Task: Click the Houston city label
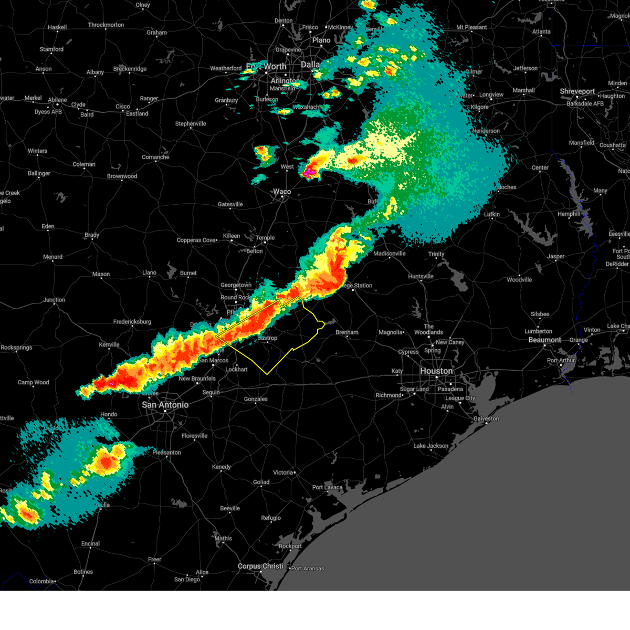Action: coord(436,371)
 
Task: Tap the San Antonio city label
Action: coord(165,405)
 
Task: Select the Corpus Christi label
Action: coord(260,566)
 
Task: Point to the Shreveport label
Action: coord(577,91)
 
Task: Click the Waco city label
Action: coord(282,192)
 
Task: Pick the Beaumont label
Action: coord(544,340)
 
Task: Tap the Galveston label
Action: coord(486,418)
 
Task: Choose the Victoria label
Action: coord(282,472)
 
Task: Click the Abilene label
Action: coord(57,100)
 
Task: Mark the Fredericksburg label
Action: coord(132,322)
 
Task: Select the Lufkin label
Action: coord(491,214)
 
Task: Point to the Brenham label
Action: coord(346,332)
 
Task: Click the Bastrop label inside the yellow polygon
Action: coord(267,338)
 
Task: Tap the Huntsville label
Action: coord(421,276)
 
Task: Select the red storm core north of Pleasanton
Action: coord(107,463)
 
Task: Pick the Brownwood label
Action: coord(122,176)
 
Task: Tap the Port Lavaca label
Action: coord(327,487)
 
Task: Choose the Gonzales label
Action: coord(256,399)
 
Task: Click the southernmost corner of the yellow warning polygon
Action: coord(267,374)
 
